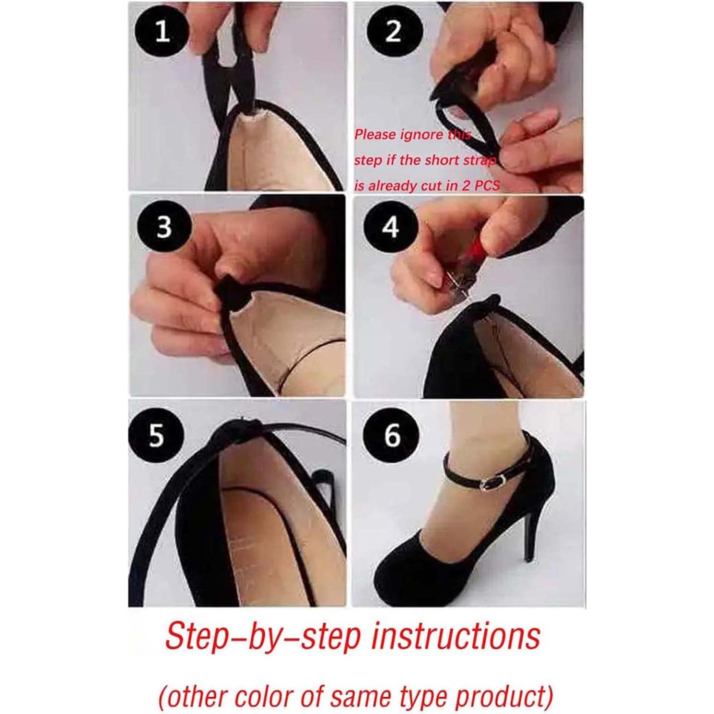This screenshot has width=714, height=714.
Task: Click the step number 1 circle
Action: (163, 32)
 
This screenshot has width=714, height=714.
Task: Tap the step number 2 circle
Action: (393, 32)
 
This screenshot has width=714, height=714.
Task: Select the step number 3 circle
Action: (164, 226)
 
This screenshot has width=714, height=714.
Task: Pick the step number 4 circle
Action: (391, 226)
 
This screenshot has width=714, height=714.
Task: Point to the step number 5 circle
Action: (156, 435)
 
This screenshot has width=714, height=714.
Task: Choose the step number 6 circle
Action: (392, 435)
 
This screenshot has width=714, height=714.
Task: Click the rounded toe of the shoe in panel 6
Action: (393, 575)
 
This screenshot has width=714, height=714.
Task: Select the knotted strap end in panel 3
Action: (226, 291)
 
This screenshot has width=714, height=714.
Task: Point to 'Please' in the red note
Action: (375, 135)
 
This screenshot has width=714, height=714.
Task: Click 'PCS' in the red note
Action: (487, 186)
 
